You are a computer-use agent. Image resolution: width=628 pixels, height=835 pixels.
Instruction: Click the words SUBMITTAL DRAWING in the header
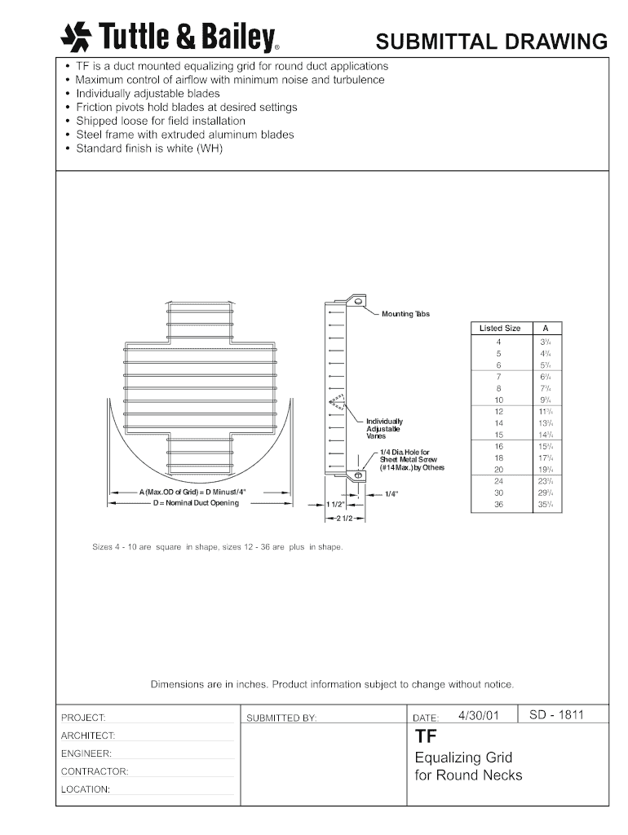[x=492, y=42]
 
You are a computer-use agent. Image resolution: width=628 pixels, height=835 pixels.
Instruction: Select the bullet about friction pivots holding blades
[x=186, y=107]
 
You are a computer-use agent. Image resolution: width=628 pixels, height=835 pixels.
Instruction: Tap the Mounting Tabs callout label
[x=405, y=314]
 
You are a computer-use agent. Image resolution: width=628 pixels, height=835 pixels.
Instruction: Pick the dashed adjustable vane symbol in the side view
[x=337, y=401]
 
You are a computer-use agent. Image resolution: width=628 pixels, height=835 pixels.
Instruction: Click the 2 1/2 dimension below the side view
[x=342, y=519]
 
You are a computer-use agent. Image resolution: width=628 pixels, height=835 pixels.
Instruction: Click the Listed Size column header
[x=500, y=328]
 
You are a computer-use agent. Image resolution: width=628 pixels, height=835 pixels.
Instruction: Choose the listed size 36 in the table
[x=499, y=505]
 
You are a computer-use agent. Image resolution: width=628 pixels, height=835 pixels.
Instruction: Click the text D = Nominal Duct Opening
[x=196, y=503]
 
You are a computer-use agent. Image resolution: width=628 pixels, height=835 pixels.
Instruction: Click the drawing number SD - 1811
[x=557, y=715]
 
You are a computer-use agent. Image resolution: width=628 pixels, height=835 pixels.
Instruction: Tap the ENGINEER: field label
[x=86, y=753]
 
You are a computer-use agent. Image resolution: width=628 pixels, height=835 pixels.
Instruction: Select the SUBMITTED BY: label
[x=281, y=718]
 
